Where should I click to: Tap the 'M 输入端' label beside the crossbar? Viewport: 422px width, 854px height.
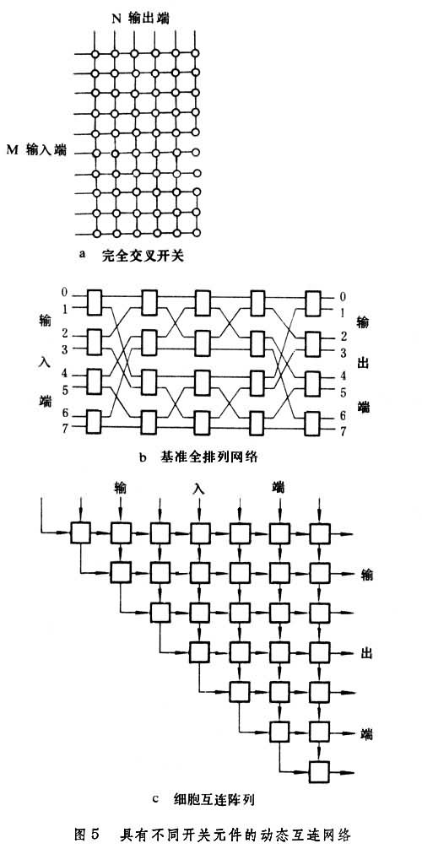click(36, 150)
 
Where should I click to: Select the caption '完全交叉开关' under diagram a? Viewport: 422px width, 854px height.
click(142, 255)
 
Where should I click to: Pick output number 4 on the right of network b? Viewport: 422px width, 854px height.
click(343, 376)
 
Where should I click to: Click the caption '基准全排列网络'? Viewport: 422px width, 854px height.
click(208, 457)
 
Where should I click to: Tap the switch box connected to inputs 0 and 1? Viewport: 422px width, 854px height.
click(95, 302)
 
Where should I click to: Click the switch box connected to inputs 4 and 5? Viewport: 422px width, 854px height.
click(95, 381)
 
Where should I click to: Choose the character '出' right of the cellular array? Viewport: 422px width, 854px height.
click(366, 652)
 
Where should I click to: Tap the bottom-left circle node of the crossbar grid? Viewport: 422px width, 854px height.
click(95, 234)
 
